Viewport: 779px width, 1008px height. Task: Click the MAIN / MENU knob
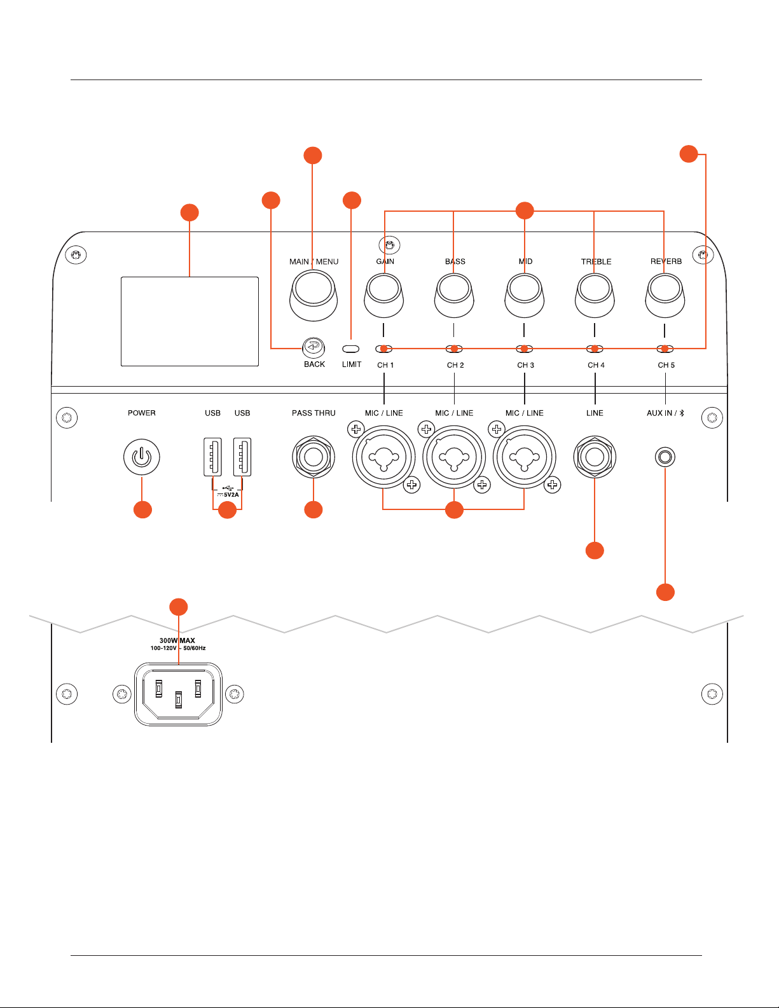[314, 296]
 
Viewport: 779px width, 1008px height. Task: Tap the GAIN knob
[384, 296]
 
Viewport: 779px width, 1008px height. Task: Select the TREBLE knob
[595, 296]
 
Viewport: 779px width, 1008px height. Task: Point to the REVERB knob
[665, 296]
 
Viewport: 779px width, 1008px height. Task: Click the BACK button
[314, 347]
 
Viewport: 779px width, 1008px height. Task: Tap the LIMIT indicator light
[350, 349]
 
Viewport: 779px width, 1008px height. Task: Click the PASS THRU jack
[314, 457]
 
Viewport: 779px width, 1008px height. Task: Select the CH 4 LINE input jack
[595, 457]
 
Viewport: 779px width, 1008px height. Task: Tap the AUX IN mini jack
[665, 457]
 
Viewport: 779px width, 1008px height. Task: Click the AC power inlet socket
[178, 694]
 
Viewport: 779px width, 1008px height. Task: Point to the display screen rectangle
[190, 321]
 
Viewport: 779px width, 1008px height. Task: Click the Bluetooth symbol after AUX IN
[682, 413]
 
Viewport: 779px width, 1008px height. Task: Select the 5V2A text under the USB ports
[231, 495]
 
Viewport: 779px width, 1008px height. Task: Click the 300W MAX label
[177, 640]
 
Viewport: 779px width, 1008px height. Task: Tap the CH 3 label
[525, 365]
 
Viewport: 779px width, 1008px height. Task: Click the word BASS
[455, 261]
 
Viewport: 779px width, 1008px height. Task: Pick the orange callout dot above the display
[190, 212]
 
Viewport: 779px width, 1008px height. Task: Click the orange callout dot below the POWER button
[142, 510]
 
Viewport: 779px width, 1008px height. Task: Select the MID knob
[525, 296]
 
